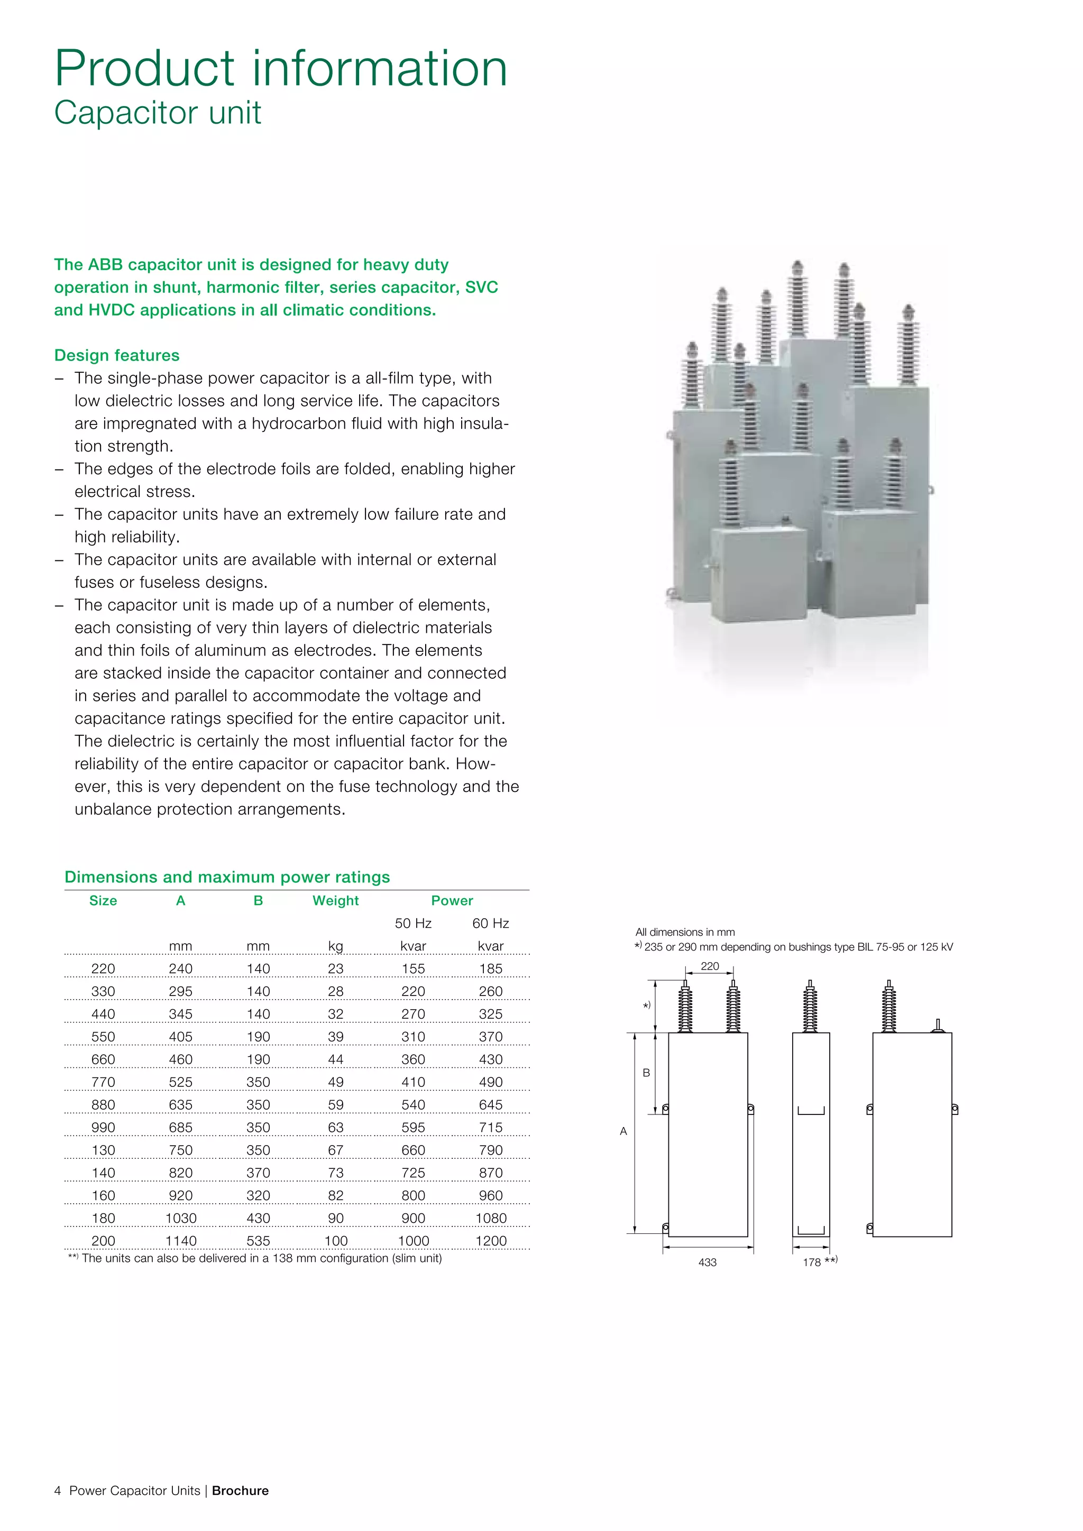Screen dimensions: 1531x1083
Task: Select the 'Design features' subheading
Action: coord(117,355)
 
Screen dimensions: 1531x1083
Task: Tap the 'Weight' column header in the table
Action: coord(335,901)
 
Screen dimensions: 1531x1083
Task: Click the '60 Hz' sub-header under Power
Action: coord(490,924)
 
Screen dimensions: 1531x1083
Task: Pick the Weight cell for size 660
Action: coord(335,1059)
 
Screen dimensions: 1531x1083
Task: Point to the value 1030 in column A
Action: coord(181,1218)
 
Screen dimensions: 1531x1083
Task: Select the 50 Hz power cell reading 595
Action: coord(413,1128)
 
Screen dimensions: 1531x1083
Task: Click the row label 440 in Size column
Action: coord(103,1014)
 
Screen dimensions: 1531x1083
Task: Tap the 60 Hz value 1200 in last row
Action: coord(491,1241)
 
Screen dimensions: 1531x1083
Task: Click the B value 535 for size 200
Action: coord(258,1241)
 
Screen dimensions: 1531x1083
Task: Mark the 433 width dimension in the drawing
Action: coord(707,1262)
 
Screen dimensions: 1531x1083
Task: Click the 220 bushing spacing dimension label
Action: coord(710,966)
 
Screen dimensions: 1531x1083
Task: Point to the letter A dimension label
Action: coord(623,1131)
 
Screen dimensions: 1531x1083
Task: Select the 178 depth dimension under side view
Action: coord(812,1262)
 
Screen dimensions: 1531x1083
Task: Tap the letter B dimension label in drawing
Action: coord(646,1073)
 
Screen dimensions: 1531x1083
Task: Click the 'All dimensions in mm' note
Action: coord(685,932)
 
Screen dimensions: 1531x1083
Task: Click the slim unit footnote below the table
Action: coord(255,1258)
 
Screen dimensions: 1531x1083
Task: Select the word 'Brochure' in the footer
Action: coord(240,1491)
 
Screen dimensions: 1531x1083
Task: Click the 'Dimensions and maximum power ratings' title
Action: coord(227,877)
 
